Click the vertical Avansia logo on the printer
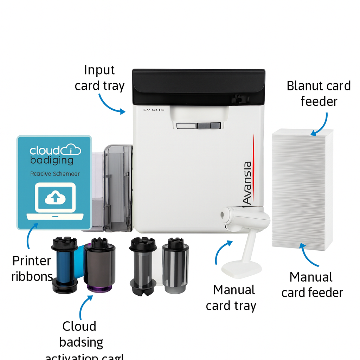tap(248, 183)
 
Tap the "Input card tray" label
tap(99, 78)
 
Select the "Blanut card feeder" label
tap(319, 94)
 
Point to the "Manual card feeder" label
tap(312, 285)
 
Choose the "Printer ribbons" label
tap(32, 269)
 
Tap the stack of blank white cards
tap(302, 190)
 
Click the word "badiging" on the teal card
tap(51, 160)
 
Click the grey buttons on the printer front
tap(199, 126)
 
